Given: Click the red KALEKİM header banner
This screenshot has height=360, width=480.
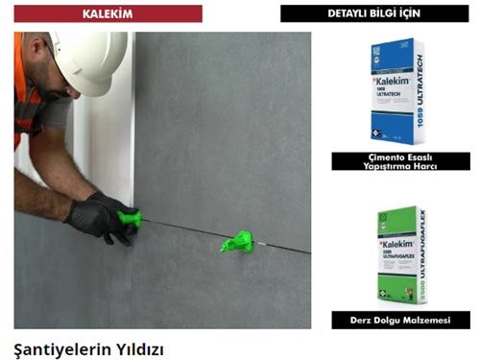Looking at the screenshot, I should [x=108, y=13].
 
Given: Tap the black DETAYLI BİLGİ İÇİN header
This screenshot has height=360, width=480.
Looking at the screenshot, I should [x=374, y=13].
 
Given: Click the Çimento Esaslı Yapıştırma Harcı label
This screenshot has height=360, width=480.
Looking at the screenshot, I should [x=400, y=161].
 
